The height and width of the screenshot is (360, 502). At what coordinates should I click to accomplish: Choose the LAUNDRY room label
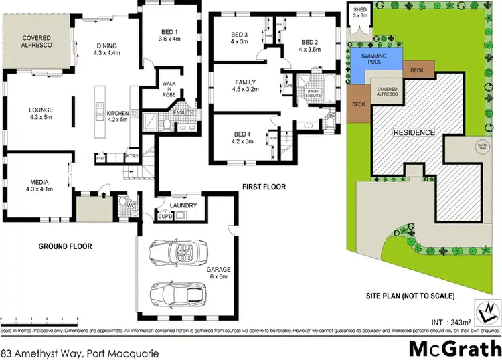point(183,205)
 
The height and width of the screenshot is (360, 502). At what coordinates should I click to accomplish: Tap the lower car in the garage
point(178,292)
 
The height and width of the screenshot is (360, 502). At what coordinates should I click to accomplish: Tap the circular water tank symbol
point(480,146)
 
